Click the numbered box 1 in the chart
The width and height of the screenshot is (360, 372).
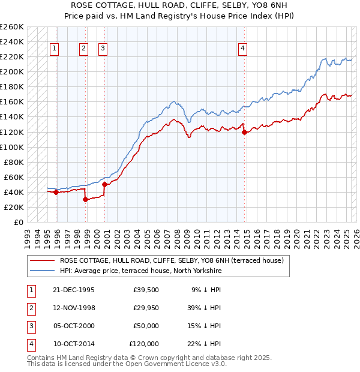(x=55, y=49)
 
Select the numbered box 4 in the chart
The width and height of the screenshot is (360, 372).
(x=243, y=49)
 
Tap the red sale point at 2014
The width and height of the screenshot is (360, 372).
(x=244, y=132)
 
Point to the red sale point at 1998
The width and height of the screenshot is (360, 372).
(x=85, y=200)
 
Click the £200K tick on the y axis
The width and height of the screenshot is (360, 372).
(x=12, y=71)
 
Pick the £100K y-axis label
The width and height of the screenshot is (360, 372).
(x=12, y=147)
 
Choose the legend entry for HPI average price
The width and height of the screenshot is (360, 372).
(x=140, y=271)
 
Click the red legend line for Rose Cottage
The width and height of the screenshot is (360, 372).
(x=43, y=260)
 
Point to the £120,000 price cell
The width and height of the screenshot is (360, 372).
(x=143, y=344)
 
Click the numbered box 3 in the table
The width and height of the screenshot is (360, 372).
(x=31, y=326)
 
